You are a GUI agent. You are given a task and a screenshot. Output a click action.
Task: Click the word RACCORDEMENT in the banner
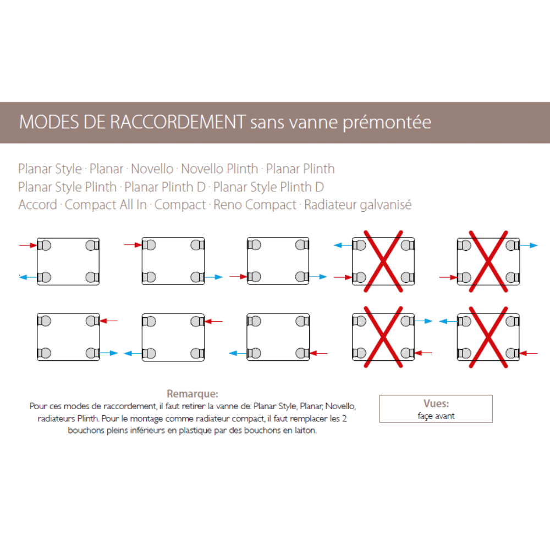[x=178, y=122]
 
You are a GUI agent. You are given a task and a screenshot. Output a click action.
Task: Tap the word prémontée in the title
[x=387, y=123]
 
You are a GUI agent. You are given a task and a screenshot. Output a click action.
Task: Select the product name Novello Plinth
[x=219, y=169]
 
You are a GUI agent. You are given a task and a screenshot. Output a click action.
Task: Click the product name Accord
[x=37, y=205]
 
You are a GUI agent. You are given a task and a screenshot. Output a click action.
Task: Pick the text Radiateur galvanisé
[x=358, y=205]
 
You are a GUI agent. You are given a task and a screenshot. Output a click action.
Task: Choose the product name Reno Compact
[x=255, y=205]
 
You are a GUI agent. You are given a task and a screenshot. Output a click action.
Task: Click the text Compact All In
[x=106, y=205]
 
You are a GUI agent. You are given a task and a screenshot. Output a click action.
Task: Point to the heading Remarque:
[x=192, y=394]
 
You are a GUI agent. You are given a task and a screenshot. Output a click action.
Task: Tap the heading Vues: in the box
[x=436, y=403]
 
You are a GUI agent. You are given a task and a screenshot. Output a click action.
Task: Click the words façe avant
[x=436, y=416]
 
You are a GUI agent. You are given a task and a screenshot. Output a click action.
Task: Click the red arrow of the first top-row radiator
[x=28, y=245]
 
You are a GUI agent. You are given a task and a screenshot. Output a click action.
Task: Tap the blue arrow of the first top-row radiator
[x=28, y=277]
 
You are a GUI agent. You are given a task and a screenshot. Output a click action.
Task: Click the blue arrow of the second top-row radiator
[x=213, y=277]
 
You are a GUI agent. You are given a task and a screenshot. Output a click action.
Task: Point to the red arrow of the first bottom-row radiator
[x=109, y=321]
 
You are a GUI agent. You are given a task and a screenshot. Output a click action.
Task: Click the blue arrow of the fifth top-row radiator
[x=529, y=245]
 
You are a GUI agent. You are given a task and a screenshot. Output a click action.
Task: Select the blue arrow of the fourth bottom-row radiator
[x=423, y=321]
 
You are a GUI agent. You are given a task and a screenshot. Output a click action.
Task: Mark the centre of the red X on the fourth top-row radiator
[x=383, y=261]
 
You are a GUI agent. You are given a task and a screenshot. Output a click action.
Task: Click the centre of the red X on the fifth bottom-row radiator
[x=488, y=337]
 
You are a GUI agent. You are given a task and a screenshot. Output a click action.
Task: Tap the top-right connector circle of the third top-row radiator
[x=301, y=245]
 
